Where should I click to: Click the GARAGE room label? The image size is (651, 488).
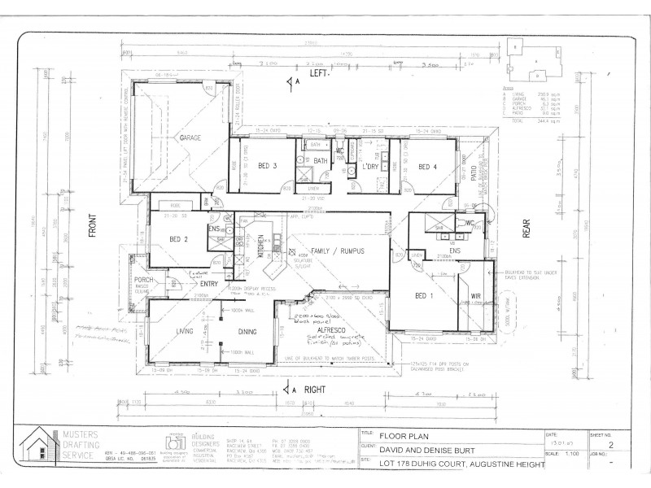tap(190, 138)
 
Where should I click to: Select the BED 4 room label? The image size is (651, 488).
tap(428, 167)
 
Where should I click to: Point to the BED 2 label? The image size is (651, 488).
tap(179, 238)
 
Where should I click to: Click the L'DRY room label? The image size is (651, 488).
tap(361, 167)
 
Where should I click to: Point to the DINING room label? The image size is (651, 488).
tap(247, 332)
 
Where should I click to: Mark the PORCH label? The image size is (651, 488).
tap(144, 280)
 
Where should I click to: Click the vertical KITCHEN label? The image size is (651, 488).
tap(261, 244)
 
